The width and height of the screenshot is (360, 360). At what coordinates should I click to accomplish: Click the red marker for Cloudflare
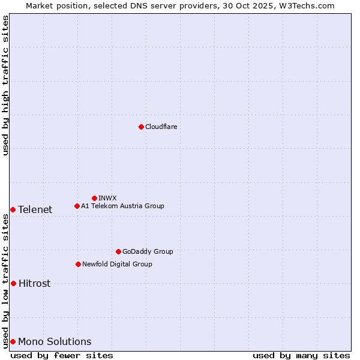click(141, 127)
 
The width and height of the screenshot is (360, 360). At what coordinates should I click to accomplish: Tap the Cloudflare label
click(161, 127)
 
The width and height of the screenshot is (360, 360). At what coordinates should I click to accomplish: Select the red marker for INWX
click(94, 198)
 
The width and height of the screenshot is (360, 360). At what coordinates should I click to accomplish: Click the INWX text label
click(107, 198)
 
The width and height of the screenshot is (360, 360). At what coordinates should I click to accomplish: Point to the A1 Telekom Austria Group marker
click(77, 206)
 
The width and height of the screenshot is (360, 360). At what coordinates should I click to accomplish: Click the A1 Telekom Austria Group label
click(122, 206)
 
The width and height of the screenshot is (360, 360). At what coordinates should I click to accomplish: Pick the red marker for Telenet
click(13, 209)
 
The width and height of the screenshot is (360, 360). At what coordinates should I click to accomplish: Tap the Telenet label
click(35, 209)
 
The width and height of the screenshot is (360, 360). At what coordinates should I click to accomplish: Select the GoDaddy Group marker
click(118, 251)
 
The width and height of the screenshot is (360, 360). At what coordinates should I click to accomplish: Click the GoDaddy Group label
click(147, 251)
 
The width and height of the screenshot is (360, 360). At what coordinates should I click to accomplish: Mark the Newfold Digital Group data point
click(78, 264)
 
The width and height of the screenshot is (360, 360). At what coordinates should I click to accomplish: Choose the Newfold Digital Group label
click(117, 264)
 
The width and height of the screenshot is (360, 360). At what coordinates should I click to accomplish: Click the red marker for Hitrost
click(13, 283)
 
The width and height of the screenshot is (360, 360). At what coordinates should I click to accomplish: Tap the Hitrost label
click(34, 283)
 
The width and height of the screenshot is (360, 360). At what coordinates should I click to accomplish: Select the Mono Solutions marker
click(13, 341)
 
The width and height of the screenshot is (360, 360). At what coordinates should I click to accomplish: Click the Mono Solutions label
click(55, 341)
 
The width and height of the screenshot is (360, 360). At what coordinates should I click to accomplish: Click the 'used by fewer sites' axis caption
click(62, 355)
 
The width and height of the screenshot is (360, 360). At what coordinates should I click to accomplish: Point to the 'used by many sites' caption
click(301, 355)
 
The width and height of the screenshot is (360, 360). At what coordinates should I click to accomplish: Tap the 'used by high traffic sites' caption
click(5, 85)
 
